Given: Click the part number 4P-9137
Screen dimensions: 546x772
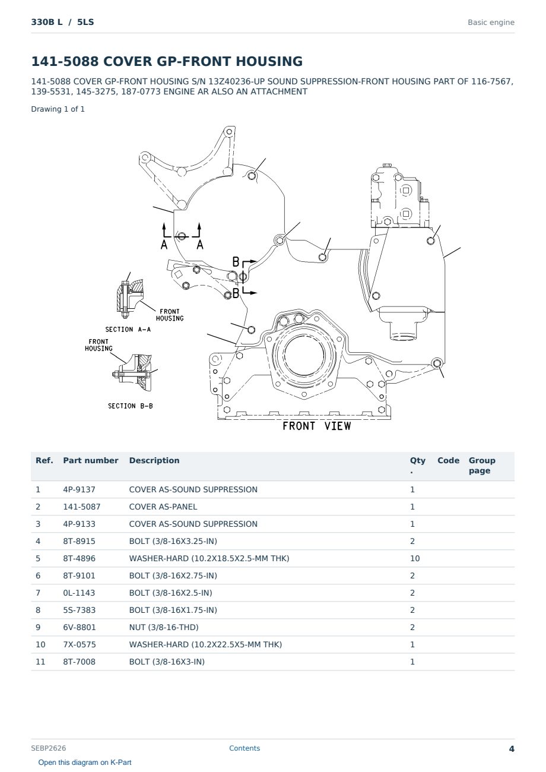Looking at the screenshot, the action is tap(79, 489).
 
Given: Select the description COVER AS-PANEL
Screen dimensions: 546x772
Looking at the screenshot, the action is tap(163, 507).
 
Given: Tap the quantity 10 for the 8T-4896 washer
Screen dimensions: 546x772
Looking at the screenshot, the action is tap(415, 558).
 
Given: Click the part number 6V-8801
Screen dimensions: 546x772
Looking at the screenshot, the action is tap(80, 627).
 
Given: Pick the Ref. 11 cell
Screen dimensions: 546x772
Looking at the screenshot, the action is tap(40, 662).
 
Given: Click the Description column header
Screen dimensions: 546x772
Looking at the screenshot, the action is tap(154, 460).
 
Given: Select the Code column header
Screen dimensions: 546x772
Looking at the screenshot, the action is tap(448, 460).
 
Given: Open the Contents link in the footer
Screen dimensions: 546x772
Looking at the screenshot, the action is tap(245, 748).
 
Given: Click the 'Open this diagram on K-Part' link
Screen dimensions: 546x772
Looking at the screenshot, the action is tap(85, 762).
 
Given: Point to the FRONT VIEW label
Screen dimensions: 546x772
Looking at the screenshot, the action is tap(316, 426).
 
